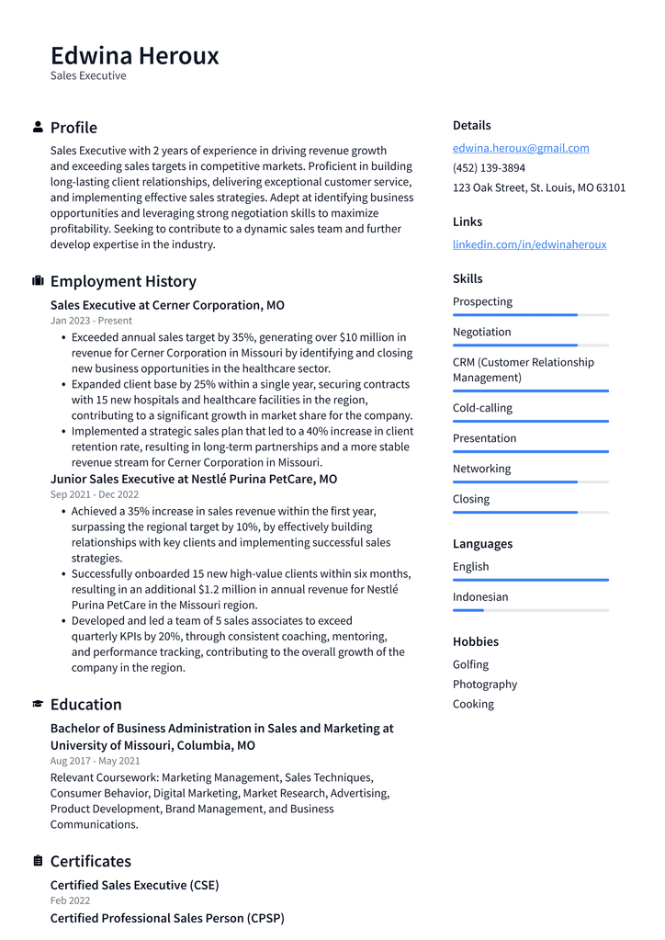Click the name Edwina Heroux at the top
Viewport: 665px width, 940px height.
click(135, 56)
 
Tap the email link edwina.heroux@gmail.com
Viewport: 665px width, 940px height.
click(521, 148)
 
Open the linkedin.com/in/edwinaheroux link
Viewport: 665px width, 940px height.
click(529, 244)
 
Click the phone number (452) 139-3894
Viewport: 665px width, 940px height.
click(489, 168)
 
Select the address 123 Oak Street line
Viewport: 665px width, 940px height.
click(538, 187)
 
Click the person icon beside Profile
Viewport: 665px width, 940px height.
click(38, 127)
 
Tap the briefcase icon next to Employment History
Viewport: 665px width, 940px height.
click(38, 281)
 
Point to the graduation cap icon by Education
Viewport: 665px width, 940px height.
click(38, 704)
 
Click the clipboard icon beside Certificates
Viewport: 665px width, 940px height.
click(38, 861)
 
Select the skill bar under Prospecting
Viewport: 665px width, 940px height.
click(530, 315)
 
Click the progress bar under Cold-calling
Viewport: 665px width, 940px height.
click(530, 422)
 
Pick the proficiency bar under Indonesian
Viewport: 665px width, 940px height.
click(530, 610)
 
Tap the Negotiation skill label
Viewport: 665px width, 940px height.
click(481, 332)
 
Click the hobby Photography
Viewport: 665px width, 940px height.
click(484, 685)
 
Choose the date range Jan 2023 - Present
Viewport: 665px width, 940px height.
click(91, 321)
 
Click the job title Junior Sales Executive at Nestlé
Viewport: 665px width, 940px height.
click(193, 479)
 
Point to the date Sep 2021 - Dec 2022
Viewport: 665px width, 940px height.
click(95, 494)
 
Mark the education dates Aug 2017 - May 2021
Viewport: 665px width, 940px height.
click(95, 761)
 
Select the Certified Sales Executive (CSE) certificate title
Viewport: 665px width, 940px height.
click(134, 885)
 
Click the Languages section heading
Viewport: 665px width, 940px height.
click(482, 544)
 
